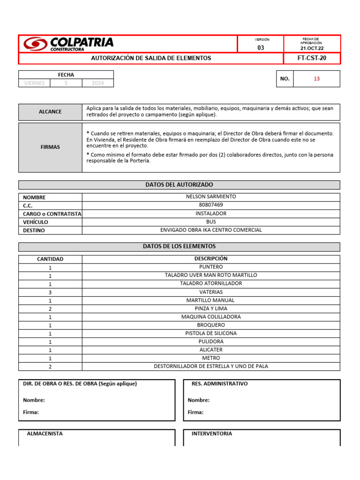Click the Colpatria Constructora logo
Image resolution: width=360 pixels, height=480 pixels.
click(68, 44)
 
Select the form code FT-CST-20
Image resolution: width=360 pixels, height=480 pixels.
click(312, 58)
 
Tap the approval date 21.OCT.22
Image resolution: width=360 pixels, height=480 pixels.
click(312, 48)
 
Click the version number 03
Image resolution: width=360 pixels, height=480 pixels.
click(261, 48)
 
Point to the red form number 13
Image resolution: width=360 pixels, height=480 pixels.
click(316, 79)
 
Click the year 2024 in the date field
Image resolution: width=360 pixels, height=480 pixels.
click(97, 83)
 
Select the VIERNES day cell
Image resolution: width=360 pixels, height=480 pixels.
click(34, 83)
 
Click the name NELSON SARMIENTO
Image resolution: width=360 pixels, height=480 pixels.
click(211, 197)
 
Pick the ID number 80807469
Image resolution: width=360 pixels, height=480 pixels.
click(211, 205)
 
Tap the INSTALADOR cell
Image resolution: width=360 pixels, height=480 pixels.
click(211, 213)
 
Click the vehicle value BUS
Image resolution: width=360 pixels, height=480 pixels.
click(211, 222)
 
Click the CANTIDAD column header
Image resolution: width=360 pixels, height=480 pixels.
click(50, 259)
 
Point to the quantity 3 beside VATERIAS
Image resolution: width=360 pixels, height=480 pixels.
click(50, 292)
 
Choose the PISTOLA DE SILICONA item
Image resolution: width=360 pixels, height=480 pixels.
click(211, 333)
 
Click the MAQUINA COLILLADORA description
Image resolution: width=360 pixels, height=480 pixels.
click(211, 317)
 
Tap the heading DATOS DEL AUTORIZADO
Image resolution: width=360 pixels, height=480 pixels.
click(179, 185)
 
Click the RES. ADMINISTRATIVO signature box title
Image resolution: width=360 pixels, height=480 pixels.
click(219, 383)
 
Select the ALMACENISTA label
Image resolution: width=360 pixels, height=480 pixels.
click(45, 434)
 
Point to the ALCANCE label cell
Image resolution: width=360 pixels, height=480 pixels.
click(50, 112)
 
